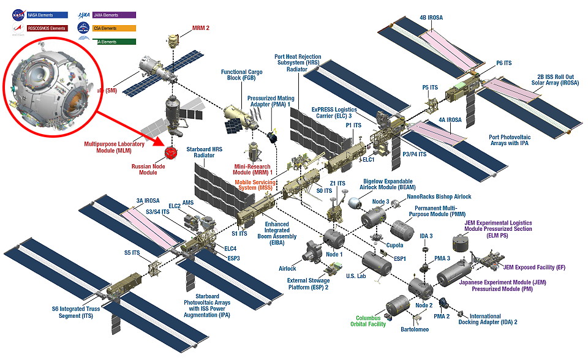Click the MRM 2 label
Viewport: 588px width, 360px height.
(200, 28)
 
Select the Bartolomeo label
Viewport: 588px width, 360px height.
(415, 329)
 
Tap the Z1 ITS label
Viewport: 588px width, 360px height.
(337, 182)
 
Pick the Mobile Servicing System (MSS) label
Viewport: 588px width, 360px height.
(255, 183)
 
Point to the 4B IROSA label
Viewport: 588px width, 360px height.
(431, 18)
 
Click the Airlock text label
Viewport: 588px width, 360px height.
(287, 268)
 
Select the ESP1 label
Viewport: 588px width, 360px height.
(399, 259)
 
